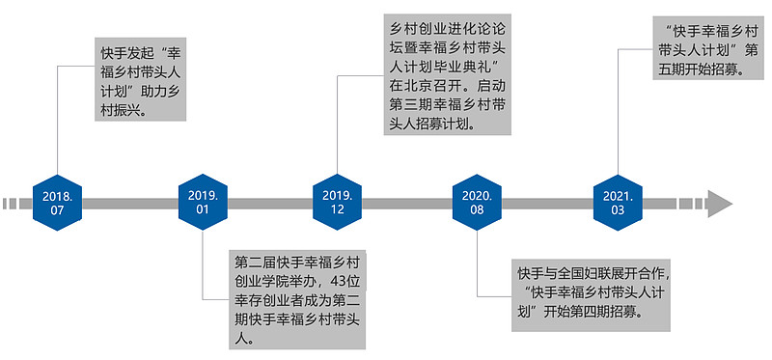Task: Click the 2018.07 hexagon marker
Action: (57, 203)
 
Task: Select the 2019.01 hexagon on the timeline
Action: (203, 203)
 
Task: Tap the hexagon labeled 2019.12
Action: (338, 203)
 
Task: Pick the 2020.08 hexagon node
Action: (478, 203)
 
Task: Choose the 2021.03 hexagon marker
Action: (617, 203)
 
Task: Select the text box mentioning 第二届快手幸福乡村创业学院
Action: (300, 300)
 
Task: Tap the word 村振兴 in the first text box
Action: (123, 110)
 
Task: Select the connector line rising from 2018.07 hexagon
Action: (57, 125)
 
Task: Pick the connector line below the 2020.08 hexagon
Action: (478, 261)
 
